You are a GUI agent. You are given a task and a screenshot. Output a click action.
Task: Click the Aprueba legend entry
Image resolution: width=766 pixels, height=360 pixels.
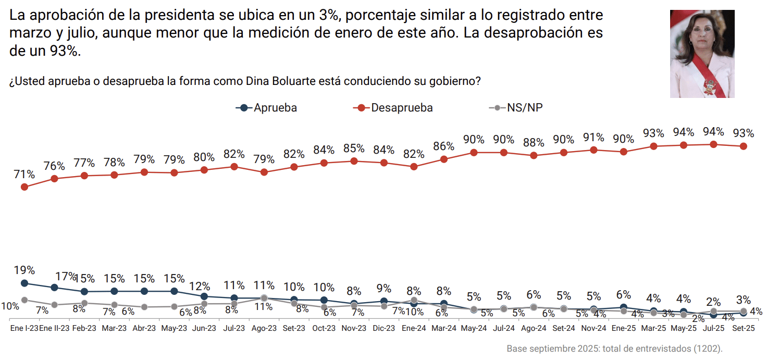[x=267, y=108]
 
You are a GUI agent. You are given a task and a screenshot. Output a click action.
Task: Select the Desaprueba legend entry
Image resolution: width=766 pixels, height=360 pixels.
[x=394, y=108]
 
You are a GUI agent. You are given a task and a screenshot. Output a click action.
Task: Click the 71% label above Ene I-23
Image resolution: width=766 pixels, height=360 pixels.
[x=24, y=175]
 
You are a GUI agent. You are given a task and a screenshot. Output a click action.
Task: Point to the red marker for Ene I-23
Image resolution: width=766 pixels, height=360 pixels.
[x=24, y=187]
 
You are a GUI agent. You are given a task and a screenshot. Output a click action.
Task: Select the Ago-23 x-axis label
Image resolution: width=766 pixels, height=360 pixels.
[x=264, y=329]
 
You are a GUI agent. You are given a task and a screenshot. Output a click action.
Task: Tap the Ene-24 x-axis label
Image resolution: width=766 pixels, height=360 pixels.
[x=414, y=329]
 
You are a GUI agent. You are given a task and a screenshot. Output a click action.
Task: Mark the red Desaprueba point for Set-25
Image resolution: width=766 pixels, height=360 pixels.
[x=744, y=146]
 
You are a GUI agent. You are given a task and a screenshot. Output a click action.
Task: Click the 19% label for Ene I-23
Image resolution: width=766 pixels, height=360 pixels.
[x=24, y=270]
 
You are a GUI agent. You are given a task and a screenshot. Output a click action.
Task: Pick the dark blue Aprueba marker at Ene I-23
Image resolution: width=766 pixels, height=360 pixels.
[x=24, y=283]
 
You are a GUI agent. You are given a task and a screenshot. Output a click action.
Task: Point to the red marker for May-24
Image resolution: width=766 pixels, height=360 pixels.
[x=474, y=153]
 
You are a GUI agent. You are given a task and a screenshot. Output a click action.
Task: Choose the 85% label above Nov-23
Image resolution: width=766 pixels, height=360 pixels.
[x=354, y=148]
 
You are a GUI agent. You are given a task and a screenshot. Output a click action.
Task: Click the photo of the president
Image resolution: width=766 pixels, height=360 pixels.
[x=702, y=54]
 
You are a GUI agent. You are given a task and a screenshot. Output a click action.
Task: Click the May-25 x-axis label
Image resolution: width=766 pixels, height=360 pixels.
[x=684, y=329]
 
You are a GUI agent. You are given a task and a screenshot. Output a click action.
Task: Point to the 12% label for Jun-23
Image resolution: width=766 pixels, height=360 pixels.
[x=200, y=287]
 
